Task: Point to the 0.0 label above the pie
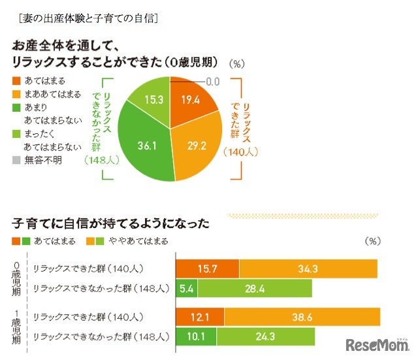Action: point(213,82)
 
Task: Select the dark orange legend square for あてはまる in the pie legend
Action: point(16,82)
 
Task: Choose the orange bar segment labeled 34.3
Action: point(308,269)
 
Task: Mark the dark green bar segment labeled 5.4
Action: point(186,288)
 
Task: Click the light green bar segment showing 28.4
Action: point(255,288)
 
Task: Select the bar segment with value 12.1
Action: point(200,317)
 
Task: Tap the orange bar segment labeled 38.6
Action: point(302,317)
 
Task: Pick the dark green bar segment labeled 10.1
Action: point(196,336)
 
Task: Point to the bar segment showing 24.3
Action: point(266,336)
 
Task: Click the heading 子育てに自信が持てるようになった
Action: point(110,223)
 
